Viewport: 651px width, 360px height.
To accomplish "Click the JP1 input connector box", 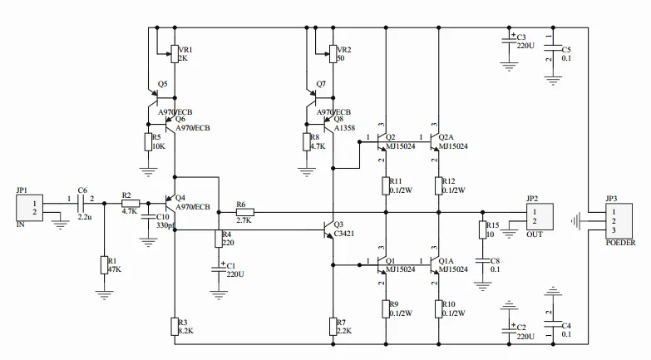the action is pyautogui.click(x=29, y=208).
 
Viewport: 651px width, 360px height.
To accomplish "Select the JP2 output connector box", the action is pyautogui.click(x=540, y=216).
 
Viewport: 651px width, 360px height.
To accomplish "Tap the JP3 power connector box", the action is pyautogui.click(x=619, y=221).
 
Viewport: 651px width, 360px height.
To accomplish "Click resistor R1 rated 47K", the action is pyautogui.click(x=104, y=265).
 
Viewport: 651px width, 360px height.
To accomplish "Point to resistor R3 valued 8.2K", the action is pyautogui.click(x=175, y=327).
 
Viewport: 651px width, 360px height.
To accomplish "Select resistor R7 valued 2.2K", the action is pyautogui.click(x=333, y=327).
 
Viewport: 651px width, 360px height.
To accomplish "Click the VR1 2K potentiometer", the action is pyautogui.click(x=175, y=54).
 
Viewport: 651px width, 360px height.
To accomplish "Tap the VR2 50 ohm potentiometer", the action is pyautogui.click(x=333, y=54).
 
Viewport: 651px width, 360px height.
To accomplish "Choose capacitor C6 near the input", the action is pyautogui.click(x=81, y=204).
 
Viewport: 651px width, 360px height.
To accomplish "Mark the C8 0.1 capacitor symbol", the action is pyautogui.click(x=482, y=261).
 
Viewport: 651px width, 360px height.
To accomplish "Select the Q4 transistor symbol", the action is pyautogui.click(x=170, y=204).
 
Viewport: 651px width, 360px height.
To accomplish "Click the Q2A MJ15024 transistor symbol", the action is pyautogui.click(x=434, y=142).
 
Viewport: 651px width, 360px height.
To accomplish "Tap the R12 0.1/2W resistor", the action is pyautogui.click(x=439, y=185).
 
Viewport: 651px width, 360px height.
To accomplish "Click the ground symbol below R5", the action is pyautogui.click(x=148, y=171).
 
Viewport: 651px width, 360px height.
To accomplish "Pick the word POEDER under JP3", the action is pyautogui.click(x=620, y=243).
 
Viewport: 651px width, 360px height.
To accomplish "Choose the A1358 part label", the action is pyautogui.click(x=344, y=128).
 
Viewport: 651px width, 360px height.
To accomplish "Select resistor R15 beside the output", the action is pyautogui.click(x=482, y=229).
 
